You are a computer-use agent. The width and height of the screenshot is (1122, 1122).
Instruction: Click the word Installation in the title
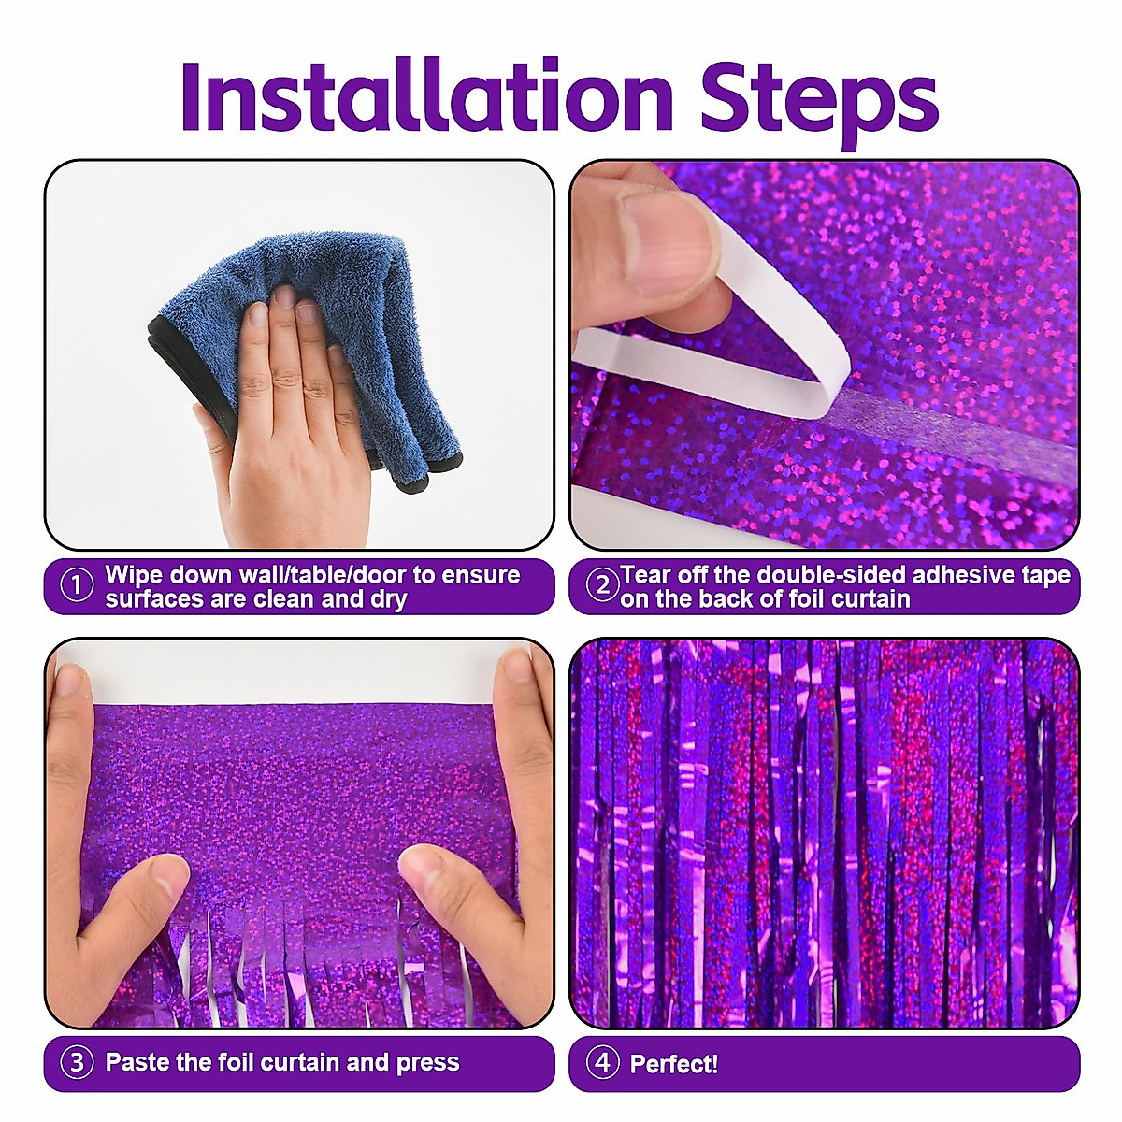coord(426,96)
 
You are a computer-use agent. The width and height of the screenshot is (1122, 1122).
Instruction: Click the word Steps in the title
coord(819,96)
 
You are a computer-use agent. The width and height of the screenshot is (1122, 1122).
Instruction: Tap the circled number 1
coord(77,586)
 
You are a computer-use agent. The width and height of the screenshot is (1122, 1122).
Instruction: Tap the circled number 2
coord(602,586)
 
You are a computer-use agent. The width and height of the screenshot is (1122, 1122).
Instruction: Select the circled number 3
coord(77,1062)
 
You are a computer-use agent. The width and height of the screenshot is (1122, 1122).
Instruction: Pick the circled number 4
coord(602,1062)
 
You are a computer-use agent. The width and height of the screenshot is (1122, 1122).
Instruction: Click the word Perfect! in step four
coord(673,1063)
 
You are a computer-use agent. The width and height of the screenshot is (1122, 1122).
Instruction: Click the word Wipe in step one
coord(135,574)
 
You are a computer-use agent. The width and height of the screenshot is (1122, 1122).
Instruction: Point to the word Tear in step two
coord(645,574)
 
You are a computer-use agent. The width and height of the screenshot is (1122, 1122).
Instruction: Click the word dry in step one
coord(388,599)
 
